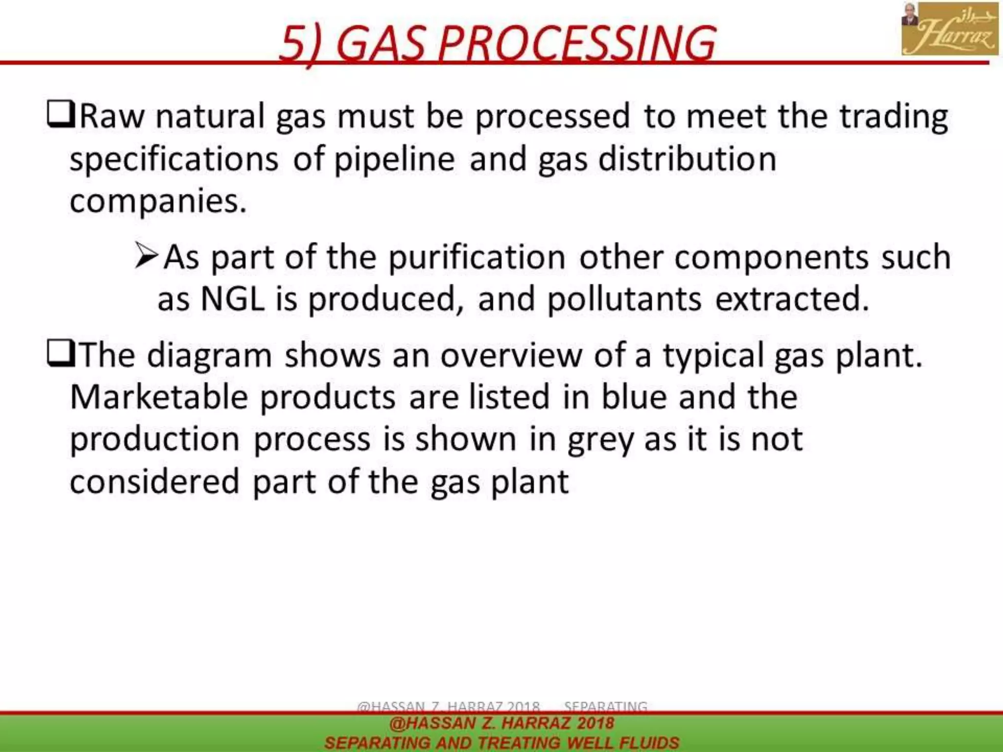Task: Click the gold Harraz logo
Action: click(950, 28)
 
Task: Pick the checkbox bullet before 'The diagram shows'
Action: click(60, 354)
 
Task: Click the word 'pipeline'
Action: click(394, 159)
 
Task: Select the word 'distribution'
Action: click(688, 159)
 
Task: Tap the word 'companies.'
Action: click(158, 201)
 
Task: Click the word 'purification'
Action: click(477, 257)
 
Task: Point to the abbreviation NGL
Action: click(233, 299)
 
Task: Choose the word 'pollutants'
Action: click(624, 299)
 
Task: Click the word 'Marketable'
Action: click(159, 397)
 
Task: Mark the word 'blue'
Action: click(634, 397)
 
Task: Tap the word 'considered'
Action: click(155, 482)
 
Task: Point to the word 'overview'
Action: click(511, 355)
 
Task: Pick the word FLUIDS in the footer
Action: click(649, 743)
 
